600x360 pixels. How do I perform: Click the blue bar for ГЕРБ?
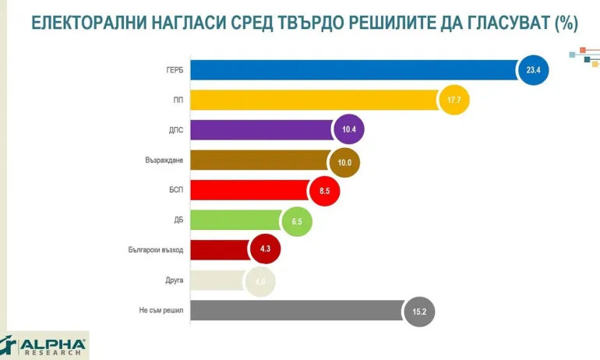coord(351,70)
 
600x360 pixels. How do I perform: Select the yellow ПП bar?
coord(312,101)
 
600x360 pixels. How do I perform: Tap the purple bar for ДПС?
coord(261,130)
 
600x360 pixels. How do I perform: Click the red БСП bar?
coord(249,190)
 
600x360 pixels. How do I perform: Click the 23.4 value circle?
coord(533,70)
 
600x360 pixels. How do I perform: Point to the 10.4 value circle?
coord(348,130)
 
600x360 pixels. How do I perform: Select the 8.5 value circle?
coord(324,190)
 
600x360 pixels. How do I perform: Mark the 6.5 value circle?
coord(296,221)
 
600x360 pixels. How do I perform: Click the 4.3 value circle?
coord(264,250)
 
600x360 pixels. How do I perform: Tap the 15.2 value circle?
coord(419,311)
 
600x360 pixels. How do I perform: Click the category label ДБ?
coord(178,221)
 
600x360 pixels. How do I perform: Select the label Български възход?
coord(156,250)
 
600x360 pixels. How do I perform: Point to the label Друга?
coord(174,281)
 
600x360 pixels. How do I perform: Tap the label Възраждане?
coord(164,161)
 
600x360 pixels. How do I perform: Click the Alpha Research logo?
coord(44,344)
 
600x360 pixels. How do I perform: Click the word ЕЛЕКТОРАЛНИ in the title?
coord(83,24)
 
